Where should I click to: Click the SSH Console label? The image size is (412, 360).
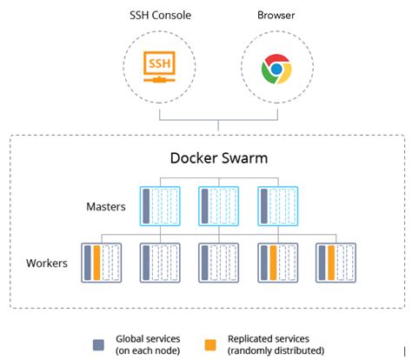click(x=160, y=16)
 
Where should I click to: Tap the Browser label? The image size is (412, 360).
click(x=276, y=15)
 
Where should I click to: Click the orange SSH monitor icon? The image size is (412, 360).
click(x=159, y=67)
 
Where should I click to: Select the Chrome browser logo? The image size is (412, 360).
click(x=276, y=69)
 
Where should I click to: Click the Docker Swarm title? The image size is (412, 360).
click(x=219, y=158)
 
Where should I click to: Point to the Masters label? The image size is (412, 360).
click(x=106, y=207)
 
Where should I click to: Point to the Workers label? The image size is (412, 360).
click(x=47, y=263)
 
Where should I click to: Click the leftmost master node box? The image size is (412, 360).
click(x=160, y=206)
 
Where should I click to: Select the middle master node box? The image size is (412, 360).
click(x=219, y=206)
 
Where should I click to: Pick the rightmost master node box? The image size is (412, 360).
click(x=278, y=206)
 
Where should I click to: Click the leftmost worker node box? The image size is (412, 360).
click(x=102, y=263)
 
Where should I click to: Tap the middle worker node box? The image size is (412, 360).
click(x=219, y=263)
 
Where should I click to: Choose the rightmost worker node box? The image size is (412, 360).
click(x=336, y=263)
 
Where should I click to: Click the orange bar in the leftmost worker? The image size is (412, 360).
click(x=96, y=263)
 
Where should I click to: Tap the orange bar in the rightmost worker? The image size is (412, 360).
click(x=331, y=263)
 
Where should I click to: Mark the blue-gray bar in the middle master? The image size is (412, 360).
click(x=205, y=206)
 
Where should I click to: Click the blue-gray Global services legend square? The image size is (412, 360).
click(x=98, y=345)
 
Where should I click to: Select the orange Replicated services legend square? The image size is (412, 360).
click(x=210, y=345)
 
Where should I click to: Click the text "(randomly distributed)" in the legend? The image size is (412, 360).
click(x=276, y=350)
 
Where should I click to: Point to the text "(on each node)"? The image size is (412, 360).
click(x=148, y=350)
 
